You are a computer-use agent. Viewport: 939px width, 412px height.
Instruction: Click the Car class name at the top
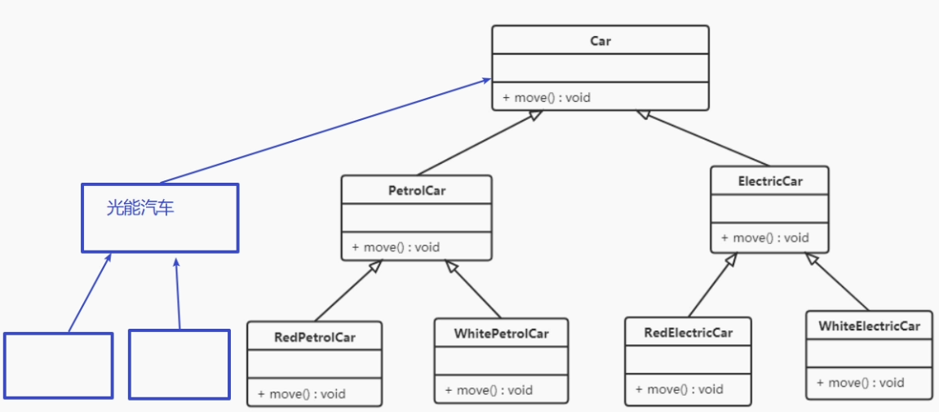click(600, 42)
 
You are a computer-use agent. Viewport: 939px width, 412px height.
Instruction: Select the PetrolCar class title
click(417, 191)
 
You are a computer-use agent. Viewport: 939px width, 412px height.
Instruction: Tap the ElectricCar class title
click(770, 181)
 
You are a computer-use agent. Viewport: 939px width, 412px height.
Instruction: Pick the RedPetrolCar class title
click(314, 337)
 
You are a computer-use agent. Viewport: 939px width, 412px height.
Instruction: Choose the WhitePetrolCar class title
click(501, 333)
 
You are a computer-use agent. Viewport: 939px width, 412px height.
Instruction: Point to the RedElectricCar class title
click(688, 332)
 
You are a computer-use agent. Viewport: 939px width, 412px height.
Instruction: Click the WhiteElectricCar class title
click(869, 326)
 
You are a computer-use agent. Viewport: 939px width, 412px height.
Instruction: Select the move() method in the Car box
click(546, 97)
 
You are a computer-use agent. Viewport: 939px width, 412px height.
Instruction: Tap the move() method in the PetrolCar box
click(396, 246)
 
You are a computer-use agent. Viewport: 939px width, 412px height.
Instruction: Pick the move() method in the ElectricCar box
click(765, 237)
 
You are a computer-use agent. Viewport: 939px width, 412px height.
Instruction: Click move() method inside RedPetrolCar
click(302, 394)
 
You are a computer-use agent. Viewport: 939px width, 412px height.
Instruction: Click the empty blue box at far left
click(59, 365)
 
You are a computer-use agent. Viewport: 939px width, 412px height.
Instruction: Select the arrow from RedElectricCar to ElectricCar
click(713, 285)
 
